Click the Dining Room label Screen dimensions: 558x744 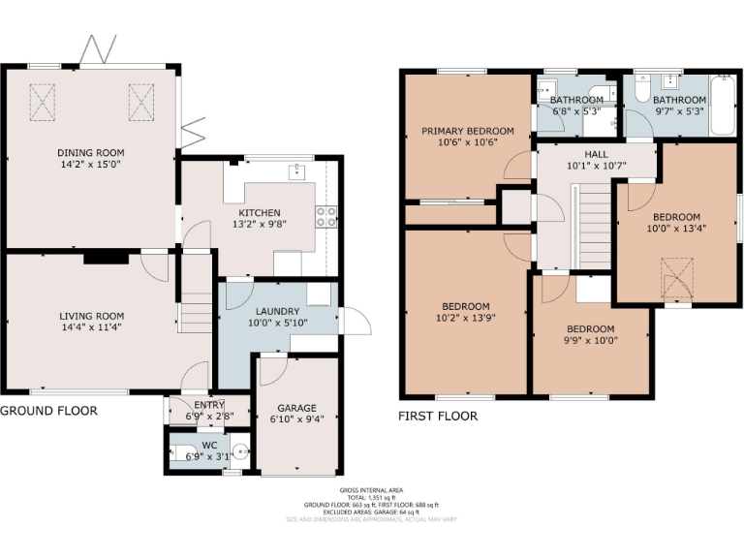tap(90, 152)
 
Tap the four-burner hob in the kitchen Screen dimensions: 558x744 tap(326, 216)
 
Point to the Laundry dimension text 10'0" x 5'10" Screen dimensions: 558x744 tap(276, 323)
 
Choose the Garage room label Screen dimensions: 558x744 tap(296, 408)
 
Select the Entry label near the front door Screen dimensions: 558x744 tap(209, 404)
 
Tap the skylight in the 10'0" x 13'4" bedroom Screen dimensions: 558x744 tap(675, 279)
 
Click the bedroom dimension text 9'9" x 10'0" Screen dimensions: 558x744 tap(591, 340)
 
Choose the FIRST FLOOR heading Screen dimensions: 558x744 tap(438, 417)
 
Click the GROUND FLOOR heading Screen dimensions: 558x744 tap(48, 411)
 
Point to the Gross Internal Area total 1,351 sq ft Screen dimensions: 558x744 tap(372, 497)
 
